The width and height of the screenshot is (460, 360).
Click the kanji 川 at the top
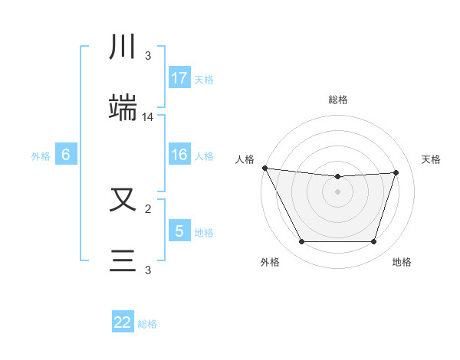point(124,47)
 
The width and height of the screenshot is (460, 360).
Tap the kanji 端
point(124,108)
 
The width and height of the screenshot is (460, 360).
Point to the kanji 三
point(124,261)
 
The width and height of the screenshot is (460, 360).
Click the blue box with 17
point(179,77)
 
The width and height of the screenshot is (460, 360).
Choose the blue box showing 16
point(179,155)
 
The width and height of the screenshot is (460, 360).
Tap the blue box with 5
point(179,231)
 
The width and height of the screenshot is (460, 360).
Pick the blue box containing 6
point(66,155)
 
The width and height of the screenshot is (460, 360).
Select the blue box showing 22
point(123,322)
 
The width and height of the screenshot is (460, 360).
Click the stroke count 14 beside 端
point(148,117)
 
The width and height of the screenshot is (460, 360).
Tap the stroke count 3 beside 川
point(148,56)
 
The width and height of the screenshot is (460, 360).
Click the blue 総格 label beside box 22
point(147,324)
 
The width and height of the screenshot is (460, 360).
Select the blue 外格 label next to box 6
point(41,155)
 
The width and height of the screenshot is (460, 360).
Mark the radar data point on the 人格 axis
point(264,168)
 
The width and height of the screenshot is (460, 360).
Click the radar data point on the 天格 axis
point(396,172)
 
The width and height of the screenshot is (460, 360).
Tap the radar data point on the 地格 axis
point(373,242)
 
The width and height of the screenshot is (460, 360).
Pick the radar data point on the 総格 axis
point(337,177)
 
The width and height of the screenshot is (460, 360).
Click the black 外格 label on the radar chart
point(270,263)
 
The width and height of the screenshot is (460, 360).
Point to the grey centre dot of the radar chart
point(337,191)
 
